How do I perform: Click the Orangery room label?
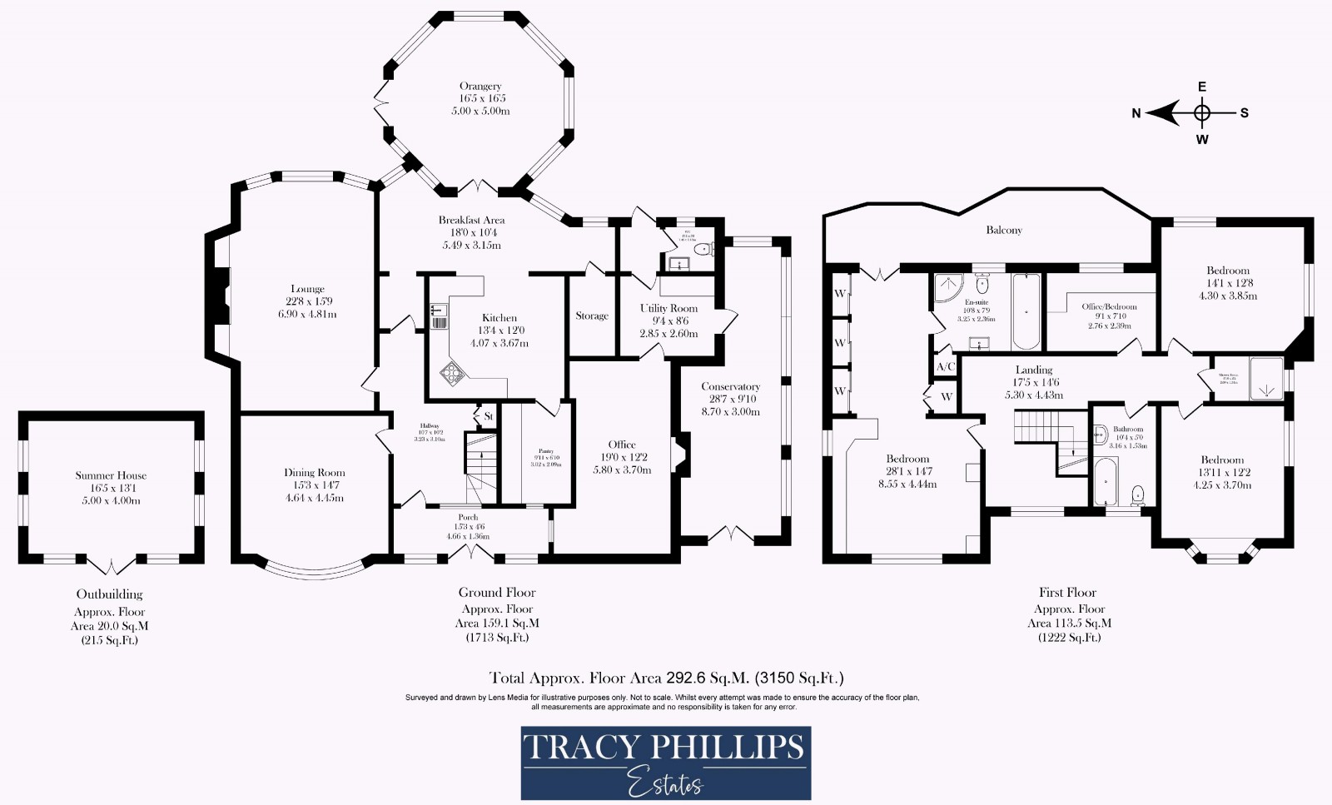[480, 86]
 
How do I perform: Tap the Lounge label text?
[308, 289]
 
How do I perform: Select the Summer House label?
[111, 475]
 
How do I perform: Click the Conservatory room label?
[730, 386]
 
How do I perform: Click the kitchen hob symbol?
[453, 374]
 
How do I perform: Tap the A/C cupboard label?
[945, 366]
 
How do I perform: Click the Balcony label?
[1003, 230]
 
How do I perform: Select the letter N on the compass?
[1136, 114]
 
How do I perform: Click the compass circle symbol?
[1201, 112]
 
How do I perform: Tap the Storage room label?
[592, 316]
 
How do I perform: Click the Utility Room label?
[668, 308]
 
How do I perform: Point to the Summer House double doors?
[111, 568]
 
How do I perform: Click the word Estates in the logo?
[665, 783]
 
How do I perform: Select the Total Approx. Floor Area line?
[665, 678]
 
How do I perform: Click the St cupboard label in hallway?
[488, 416]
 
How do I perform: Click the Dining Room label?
[314, 473]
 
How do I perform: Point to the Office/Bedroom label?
[1109, 306]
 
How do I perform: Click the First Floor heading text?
[1067, 593]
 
